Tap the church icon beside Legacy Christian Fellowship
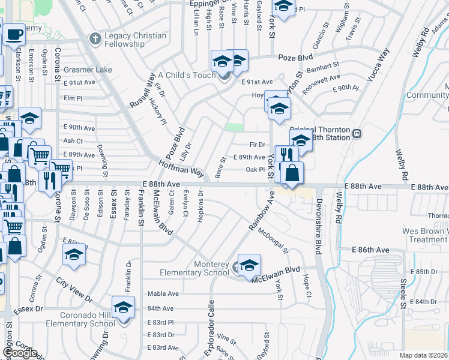point(95,40)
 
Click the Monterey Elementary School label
point(194,268)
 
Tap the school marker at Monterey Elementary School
point(249,265)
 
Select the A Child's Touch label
point(186,76)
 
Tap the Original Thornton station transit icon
point(357,133)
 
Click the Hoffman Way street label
point(181,167)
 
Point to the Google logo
point(19,353)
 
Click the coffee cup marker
point(14,34)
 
